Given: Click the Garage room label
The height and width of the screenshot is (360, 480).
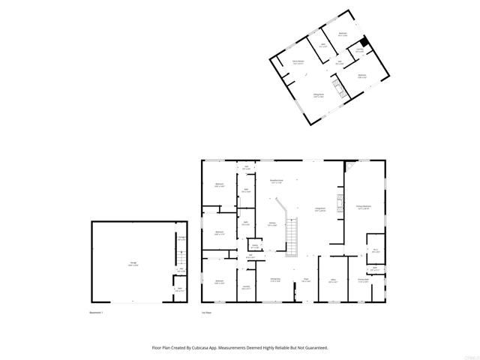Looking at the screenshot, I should (133, 262).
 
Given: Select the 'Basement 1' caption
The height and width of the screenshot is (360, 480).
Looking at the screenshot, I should (96, 311).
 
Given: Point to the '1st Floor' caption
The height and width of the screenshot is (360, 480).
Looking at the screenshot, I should (207, 311).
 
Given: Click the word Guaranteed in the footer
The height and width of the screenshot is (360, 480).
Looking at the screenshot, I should (314, 348).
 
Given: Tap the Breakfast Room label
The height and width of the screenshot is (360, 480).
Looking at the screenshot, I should (276, 181).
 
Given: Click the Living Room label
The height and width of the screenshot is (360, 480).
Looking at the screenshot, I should (319, 210).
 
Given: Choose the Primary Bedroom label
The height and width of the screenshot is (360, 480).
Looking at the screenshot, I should (364, 208).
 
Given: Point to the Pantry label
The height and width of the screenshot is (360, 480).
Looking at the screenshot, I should (255, 246).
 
